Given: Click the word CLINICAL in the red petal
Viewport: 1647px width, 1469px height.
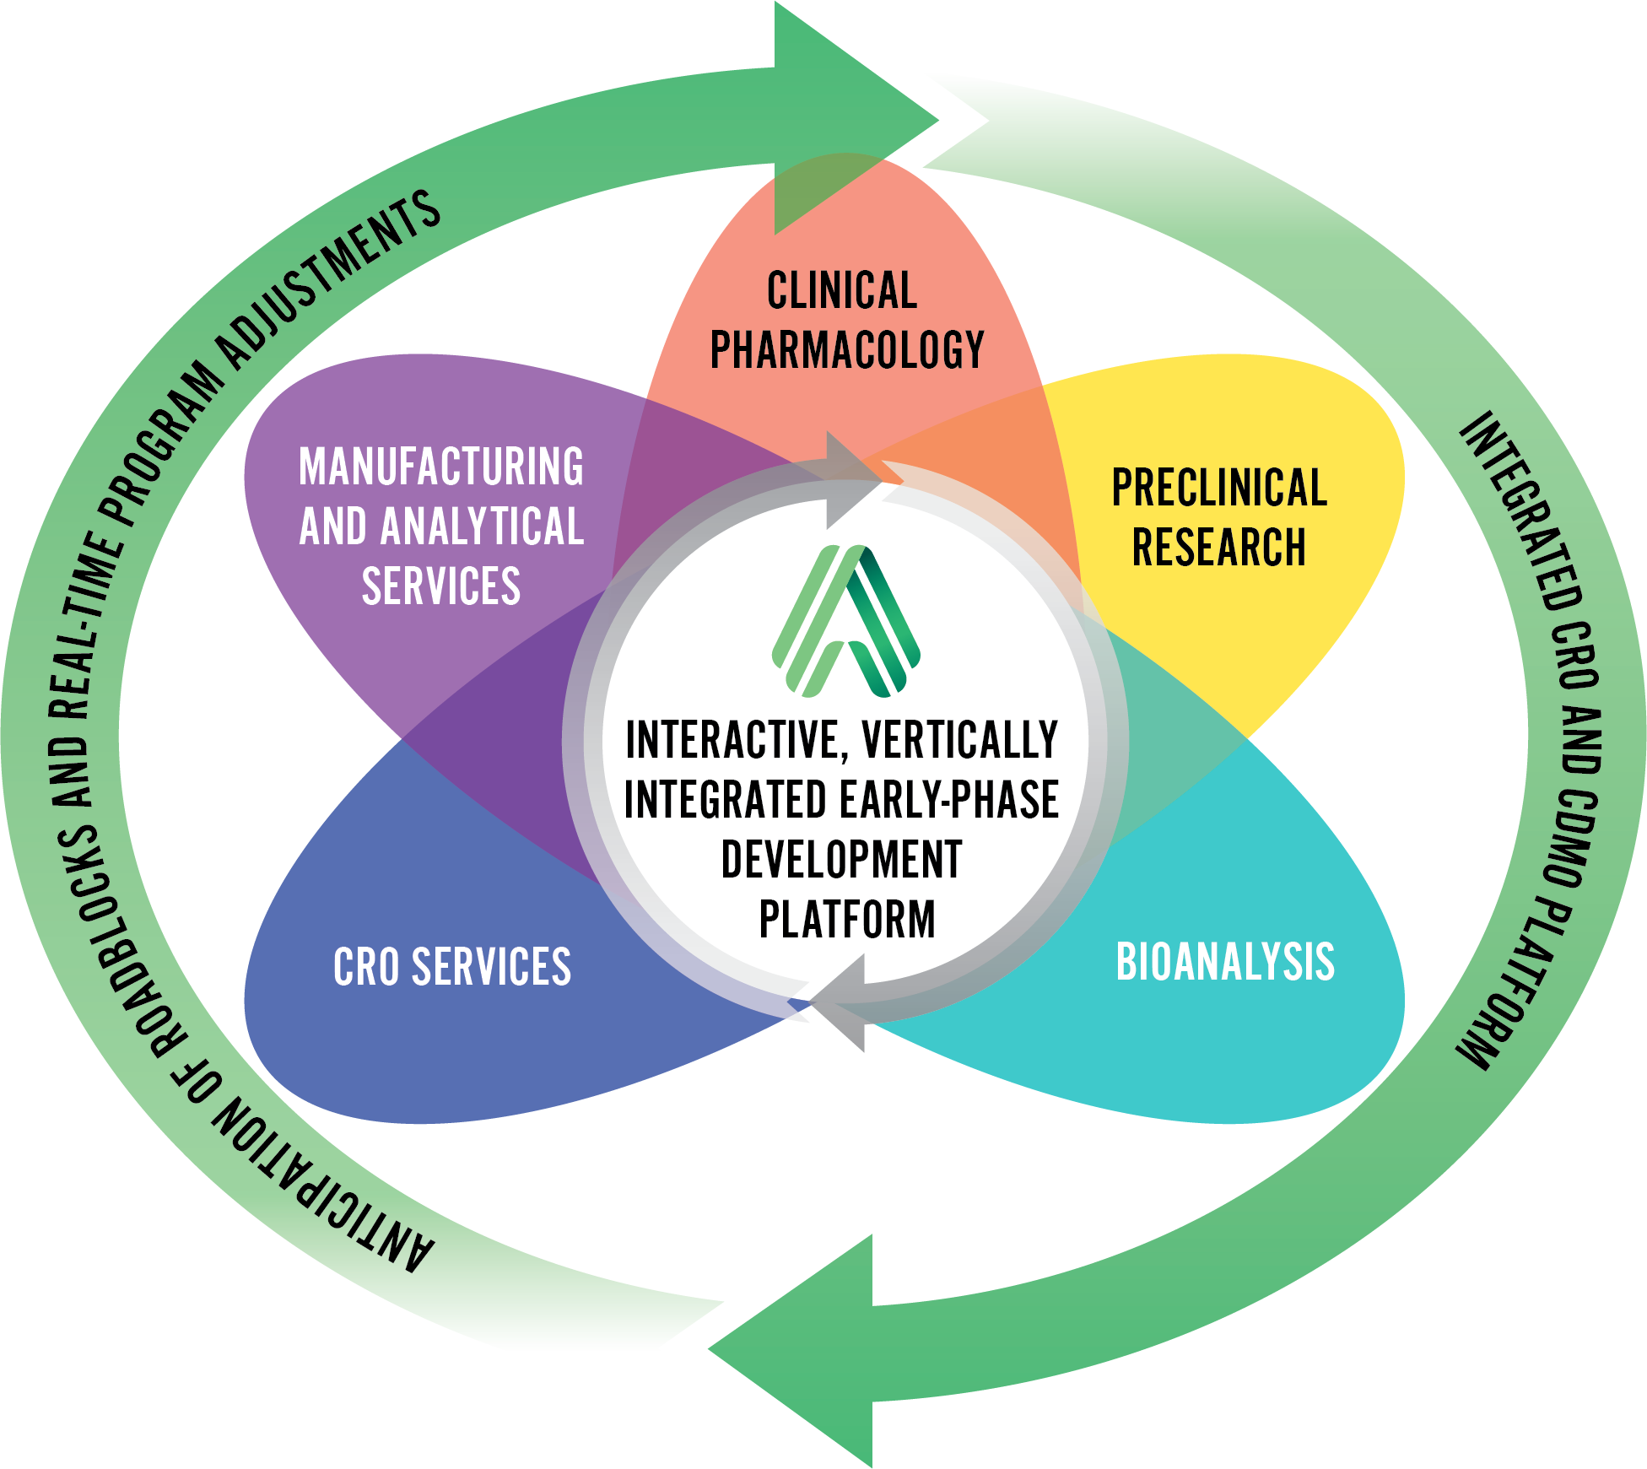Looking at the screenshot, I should (x=841, y=291).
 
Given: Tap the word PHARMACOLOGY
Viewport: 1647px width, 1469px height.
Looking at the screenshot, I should (x=847, y=350).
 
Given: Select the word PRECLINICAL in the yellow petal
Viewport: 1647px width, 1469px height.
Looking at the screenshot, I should (x=1219, y=488).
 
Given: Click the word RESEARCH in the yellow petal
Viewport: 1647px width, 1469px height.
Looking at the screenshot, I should (x=1219, y=547).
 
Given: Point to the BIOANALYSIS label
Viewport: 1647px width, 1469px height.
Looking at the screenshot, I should (x=1225, y=962).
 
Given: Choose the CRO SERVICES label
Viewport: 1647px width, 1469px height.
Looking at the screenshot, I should (x=452, y=967).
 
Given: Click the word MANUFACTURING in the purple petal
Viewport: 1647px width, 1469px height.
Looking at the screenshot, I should (x=441, y=467).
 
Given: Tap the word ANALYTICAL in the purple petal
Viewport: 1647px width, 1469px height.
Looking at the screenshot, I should (x=482, y=527).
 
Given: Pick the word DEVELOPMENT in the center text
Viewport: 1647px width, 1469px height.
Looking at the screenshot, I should (x=841, y=860).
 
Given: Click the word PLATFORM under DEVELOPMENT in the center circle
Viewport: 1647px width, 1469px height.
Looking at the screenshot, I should (x=847, y=920).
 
